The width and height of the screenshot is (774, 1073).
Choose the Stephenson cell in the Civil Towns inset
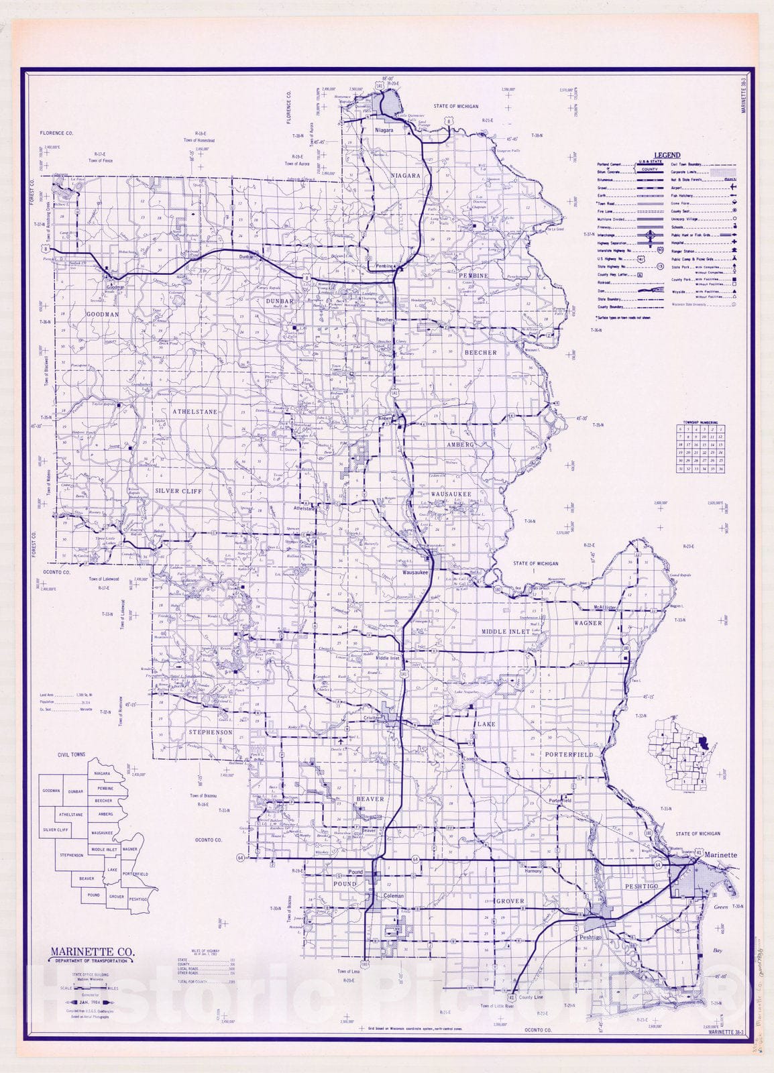click(71, 855)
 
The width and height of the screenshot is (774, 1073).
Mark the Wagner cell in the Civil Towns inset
click(129, 850)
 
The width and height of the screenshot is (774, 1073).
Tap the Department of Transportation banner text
click(91, 961)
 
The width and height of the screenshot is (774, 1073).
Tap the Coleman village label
click(394, 896)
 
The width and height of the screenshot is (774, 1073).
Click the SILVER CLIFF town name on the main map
click(178, 490)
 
